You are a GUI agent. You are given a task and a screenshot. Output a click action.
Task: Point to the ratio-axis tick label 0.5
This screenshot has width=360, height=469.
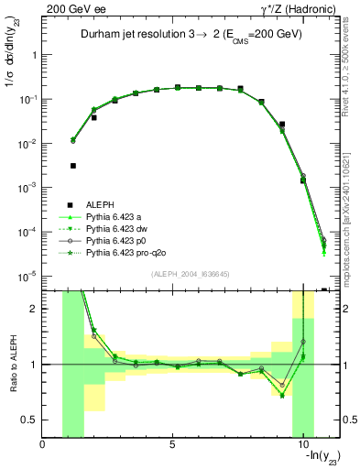(29, 420)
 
